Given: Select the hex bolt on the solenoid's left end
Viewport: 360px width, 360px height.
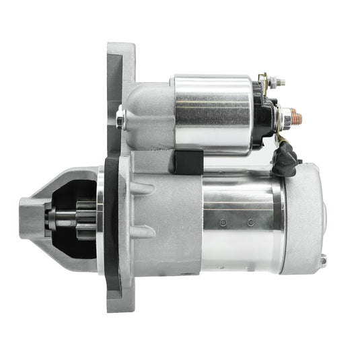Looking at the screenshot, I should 120,119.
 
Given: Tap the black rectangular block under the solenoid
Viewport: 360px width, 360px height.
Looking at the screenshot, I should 188,161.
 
